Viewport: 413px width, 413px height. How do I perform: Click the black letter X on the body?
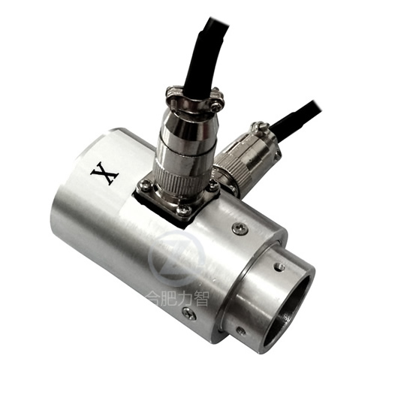104,173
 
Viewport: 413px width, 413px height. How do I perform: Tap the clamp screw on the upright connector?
217,106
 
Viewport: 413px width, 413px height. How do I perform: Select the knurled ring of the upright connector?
184,181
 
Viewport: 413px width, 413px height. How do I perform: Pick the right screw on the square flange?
214,186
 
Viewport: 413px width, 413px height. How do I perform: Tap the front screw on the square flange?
183,210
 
